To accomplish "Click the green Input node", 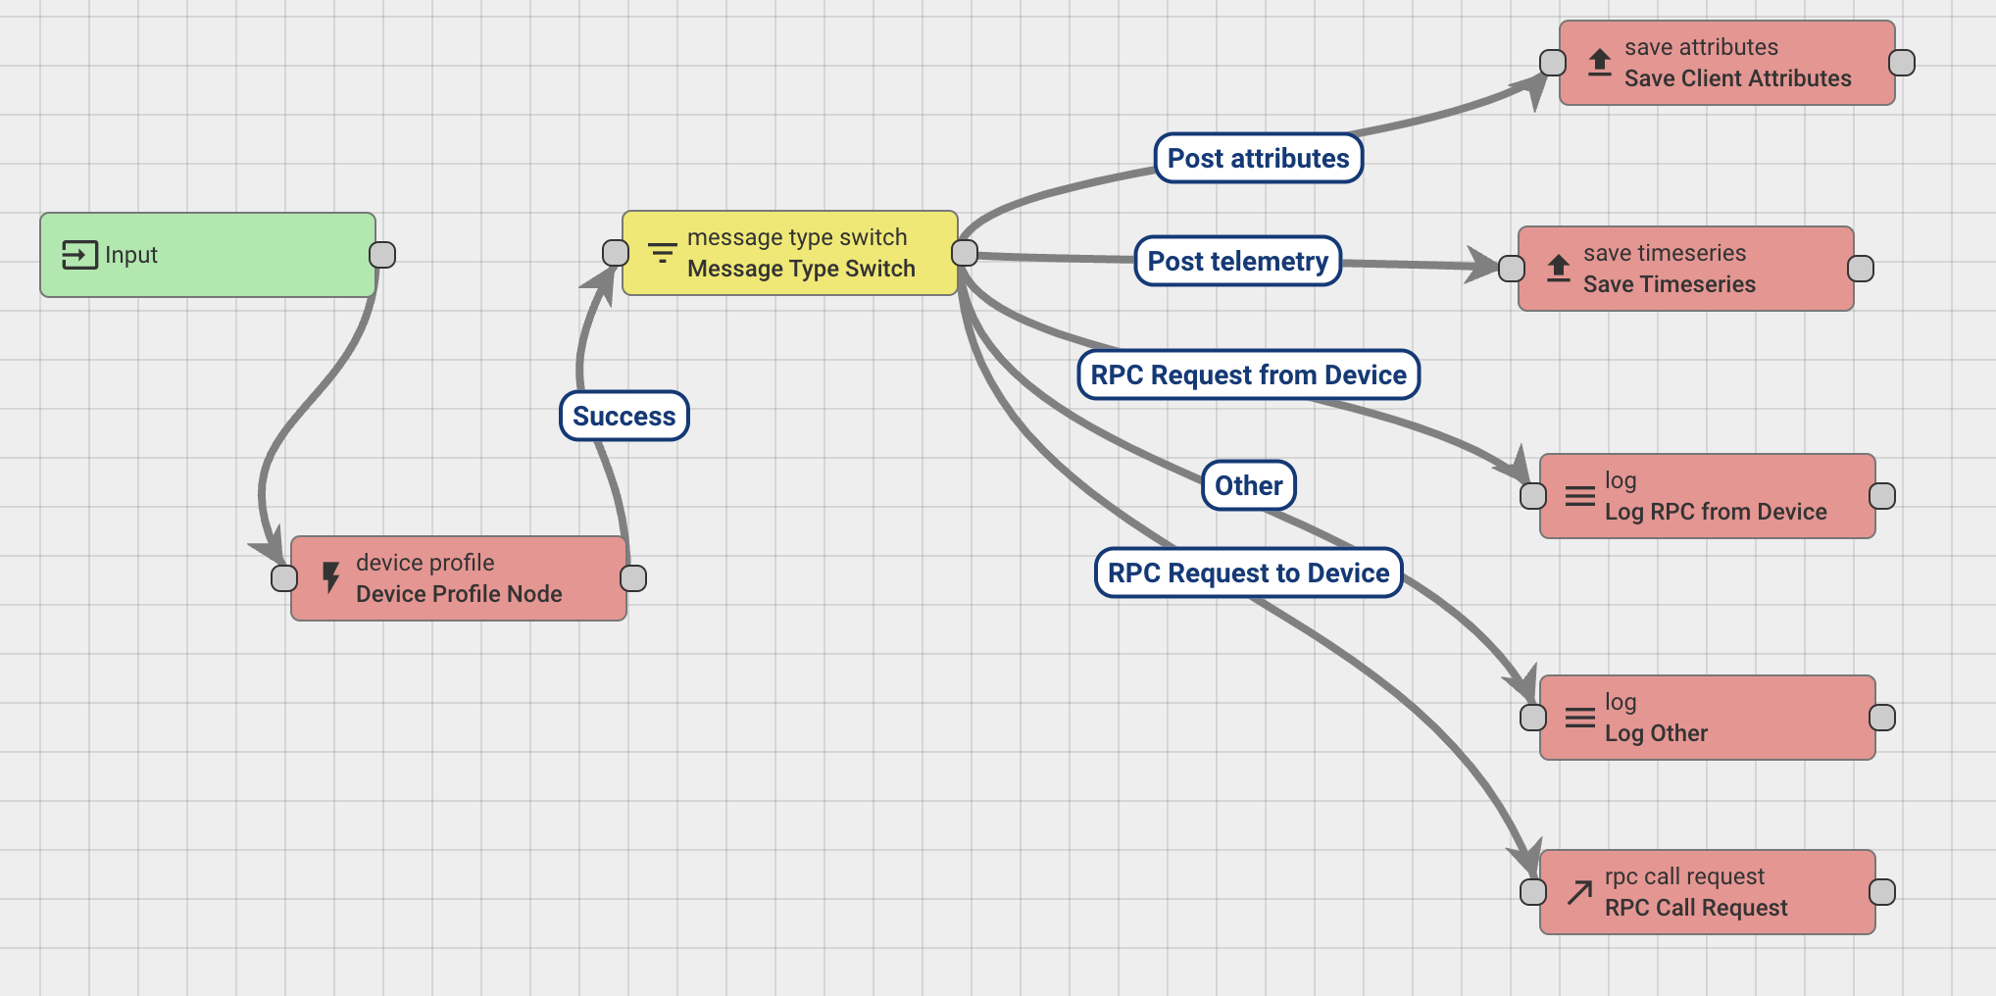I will coord(207,255).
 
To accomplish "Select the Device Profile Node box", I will coord(459,578).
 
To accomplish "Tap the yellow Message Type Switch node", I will coord(790,253).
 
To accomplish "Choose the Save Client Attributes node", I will coord(1726,63).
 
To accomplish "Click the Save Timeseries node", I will coord(1685,269).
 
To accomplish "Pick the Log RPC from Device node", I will coord(1707,496).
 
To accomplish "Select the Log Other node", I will coord(1707,718).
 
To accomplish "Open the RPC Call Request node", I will coord(1707,892).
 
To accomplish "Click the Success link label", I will coord(624,417).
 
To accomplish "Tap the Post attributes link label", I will coord(1259,159).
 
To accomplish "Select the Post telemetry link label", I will coord(1238,262).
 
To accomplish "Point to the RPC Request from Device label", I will coord(1249,375).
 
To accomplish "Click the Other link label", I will coord(1249,486).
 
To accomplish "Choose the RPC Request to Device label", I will coord(1249,573).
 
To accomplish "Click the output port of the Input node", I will coord(382,255).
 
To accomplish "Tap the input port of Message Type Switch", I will coord(616,253).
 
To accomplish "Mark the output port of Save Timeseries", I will coord(1861,269).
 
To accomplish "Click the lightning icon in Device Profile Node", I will coord(331,577).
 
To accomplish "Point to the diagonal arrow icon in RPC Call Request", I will coord(1579,892).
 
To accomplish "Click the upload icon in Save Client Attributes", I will coord(1600,63).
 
